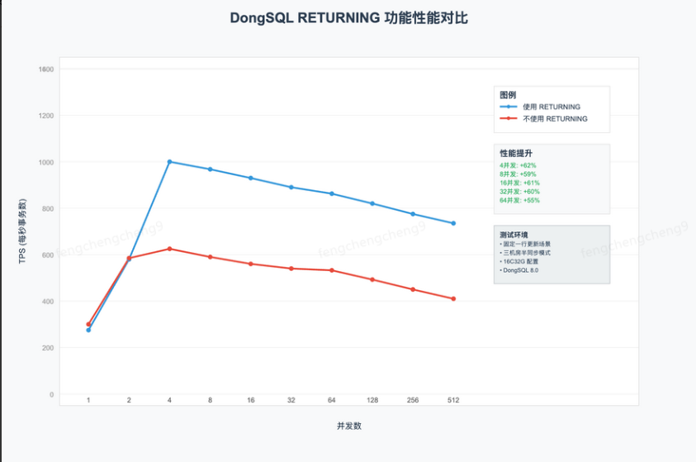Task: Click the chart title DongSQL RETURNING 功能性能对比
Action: click(348, 17)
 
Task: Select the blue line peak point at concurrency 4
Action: click(169, 162)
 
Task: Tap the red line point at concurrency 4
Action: click(169, 249)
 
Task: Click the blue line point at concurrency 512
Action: click(453, 223)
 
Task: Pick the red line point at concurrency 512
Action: click(453, 298)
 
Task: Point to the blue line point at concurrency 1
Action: click(88, 330)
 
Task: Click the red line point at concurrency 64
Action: click(332, 270)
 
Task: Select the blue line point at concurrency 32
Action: click(291, 187)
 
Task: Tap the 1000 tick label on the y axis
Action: click(45, 162)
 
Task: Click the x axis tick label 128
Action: click(372, 400)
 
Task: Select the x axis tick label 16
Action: click(251, 400)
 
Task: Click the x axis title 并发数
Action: click(348, 426)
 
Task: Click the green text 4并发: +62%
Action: click(518, 165)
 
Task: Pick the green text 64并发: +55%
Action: click(519, 200)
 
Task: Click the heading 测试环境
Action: click(514, 235)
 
